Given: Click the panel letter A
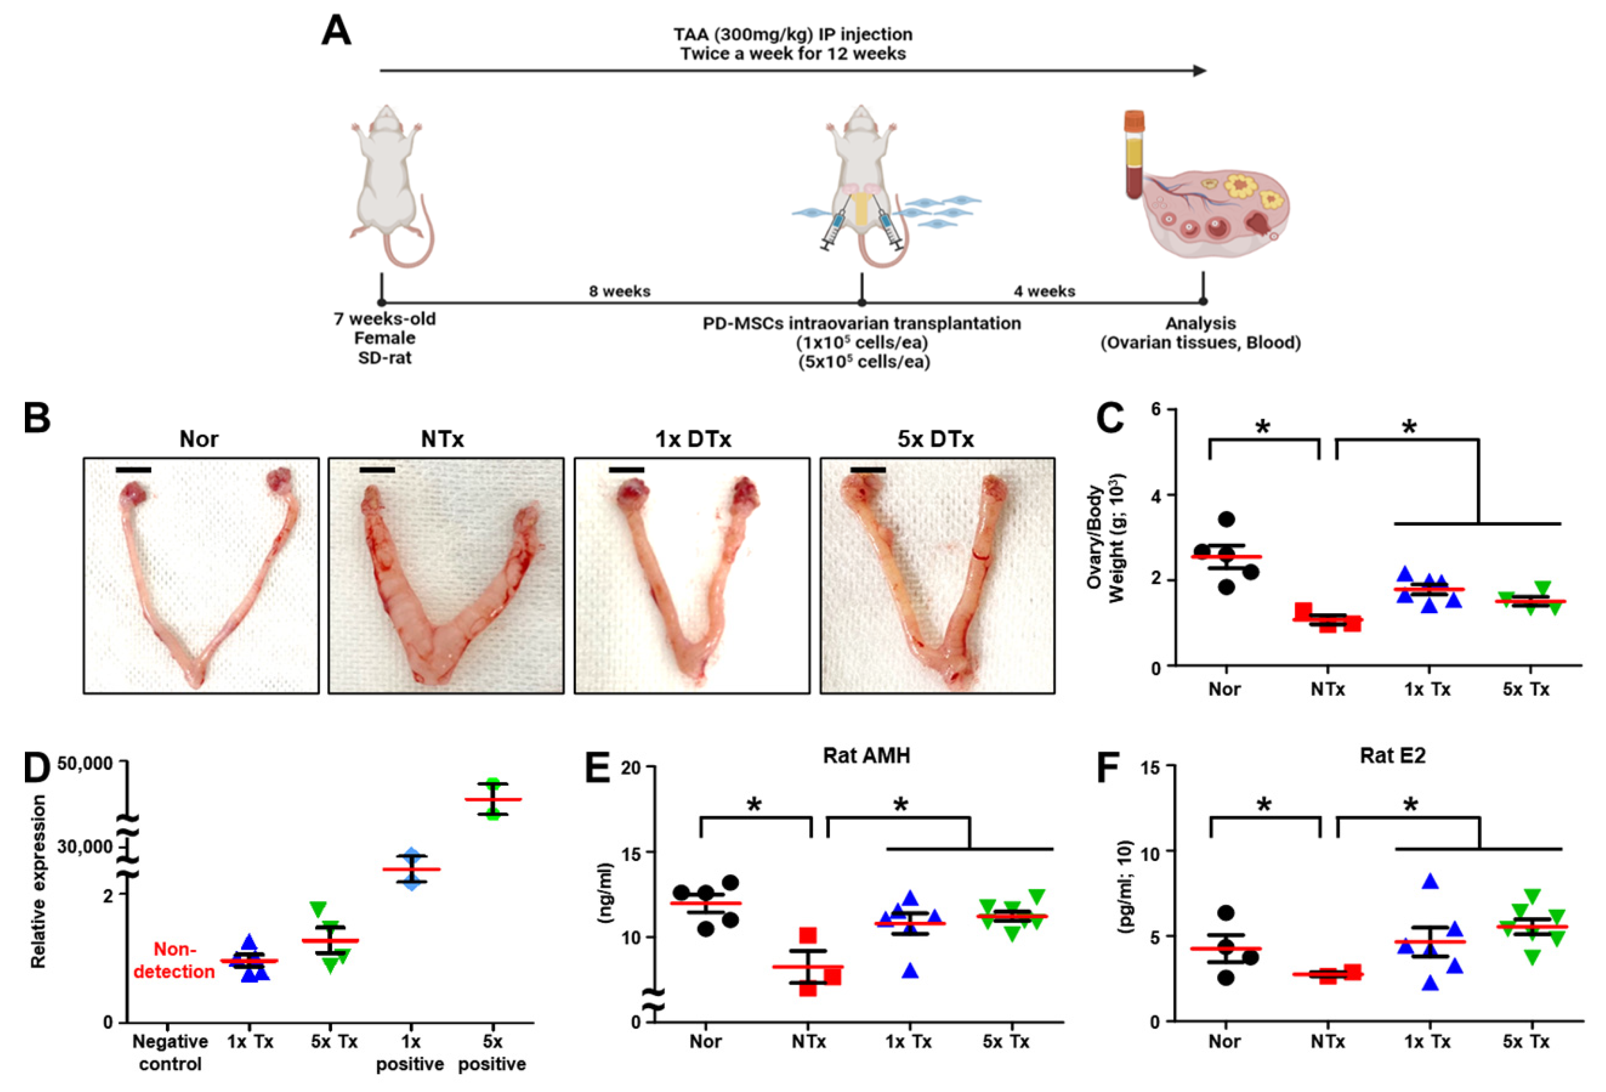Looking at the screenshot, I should [336, 33].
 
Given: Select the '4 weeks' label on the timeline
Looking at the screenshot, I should [1044, 292].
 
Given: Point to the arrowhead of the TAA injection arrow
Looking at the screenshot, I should [1200, 70].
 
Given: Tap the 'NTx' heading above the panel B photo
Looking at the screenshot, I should [442, 439].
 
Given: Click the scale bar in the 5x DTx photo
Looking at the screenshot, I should [868, 470].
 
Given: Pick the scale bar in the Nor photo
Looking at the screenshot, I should [133, 470].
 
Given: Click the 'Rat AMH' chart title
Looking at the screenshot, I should [867, 756].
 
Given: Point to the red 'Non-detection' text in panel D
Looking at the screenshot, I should [174, 960].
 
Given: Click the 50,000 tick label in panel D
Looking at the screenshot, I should [85, 764].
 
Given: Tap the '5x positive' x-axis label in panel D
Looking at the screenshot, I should [492, 1052].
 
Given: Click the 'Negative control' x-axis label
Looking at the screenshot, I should [170, 1052].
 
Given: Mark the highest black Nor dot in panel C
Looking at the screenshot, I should [1227, 519].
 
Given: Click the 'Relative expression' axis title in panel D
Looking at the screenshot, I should [39, 881].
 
